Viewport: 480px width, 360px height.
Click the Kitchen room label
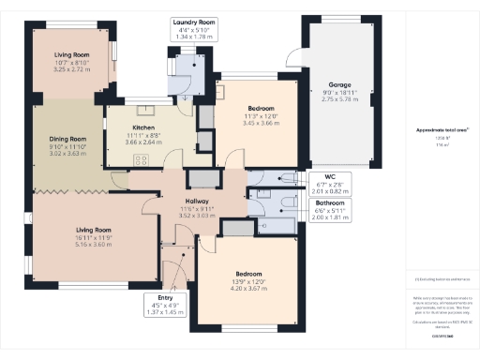click(142, 127)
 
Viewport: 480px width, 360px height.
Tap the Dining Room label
click(67, 140)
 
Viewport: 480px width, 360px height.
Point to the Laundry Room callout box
click(194, 28)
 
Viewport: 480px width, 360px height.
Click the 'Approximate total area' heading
click(442, 129)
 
